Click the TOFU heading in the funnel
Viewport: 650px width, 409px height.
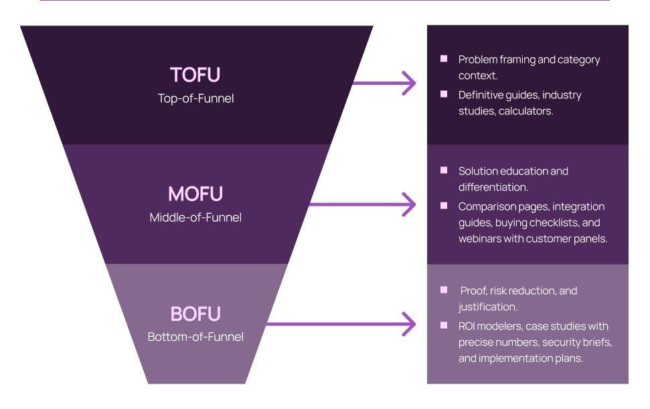(195, 75)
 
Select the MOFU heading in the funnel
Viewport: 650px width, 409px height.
(195, 194)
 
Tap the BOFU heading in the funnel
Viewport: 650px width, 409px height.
(195, 314)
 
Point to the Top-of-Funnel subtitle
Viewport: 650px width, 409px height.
(195, 98)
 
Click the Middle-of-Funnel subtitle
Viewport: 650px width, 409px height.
(195, 217)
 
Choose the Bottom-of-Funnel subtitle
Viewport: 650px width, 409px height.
(195, 337)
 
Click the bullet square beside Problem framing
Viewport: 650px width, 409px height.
(444, 59)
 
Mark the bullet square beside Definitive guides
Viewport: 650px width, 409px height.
(444, 94)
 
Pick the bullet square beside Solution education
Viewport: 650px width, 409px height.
(444, 170)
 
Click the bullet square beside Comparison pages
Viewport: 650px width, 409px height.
(444, 206)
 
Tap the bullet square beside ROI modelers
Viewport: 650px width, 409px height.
(444, 325)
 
